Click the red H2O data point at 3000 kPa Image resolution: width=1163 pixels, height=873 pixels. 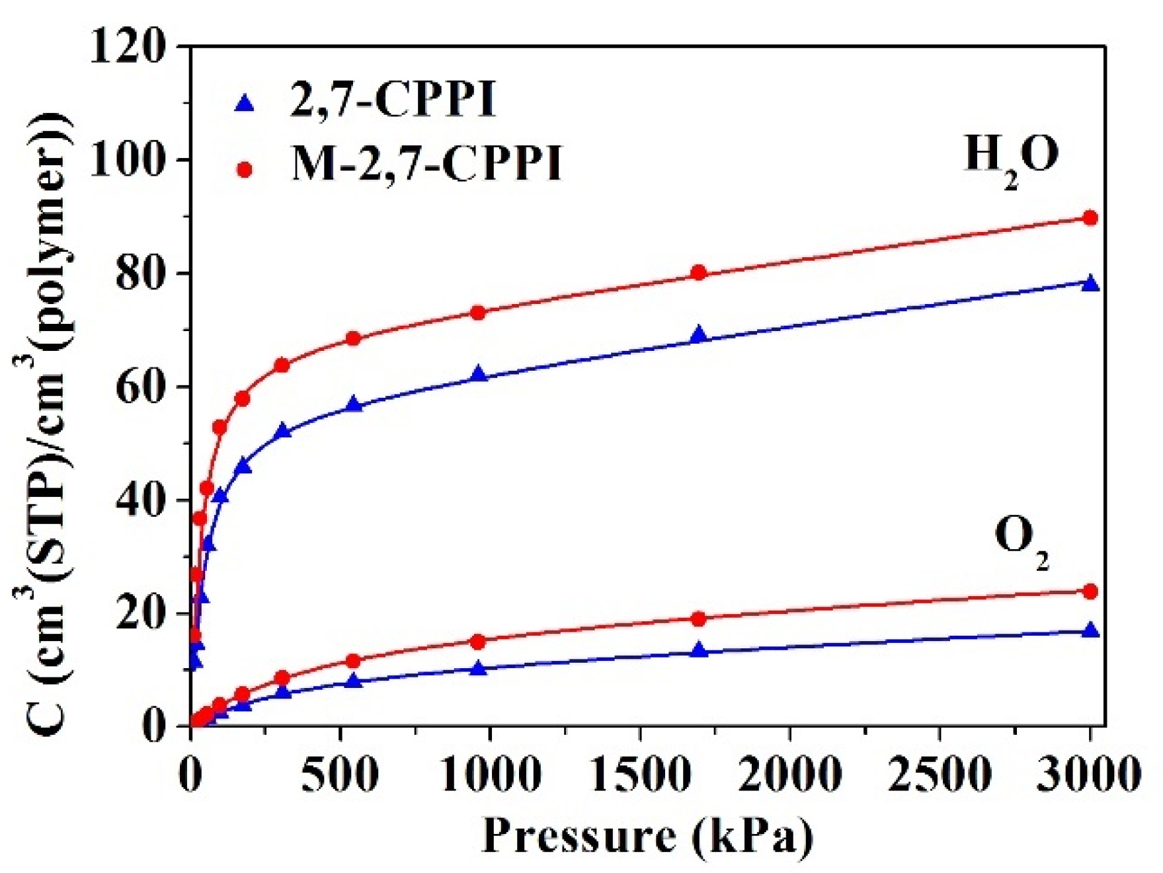point(1090,218)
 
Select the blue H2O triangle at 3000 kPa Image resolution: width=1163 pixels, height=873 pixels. point(1090,284)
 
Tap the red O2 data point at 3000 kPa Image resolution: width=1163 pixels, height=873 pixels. point(1090,591)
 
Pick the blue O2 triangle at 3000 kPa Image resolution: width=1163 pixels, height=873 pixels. point(1090,631)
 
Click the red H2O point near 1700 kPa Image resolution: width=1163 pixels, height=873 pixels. point(699,273)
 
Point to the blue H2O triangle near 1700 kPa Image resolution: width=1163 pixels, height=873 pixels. point(699,336)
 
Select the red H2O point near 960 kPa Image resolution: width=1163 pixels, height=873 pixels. point(478,313)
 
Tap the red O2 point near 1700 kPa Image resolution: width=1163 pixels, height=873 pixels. point(699,619)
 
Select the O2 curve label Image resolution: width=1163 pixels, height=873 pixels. point(1020,541)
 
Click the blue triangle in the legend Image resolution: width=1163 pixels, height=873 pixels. point(245,103)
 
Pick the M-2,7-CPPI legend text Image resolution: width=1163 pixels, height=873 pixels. point(426,163)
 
